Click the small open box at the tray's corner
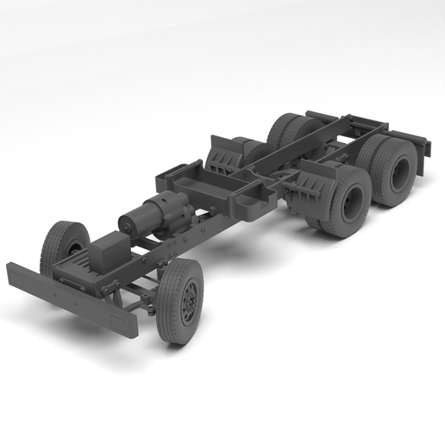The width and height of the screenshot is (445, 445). click(x=253, y=204)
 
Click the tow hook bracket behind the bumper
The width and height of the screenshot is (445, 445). click(x=82, y=278)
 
